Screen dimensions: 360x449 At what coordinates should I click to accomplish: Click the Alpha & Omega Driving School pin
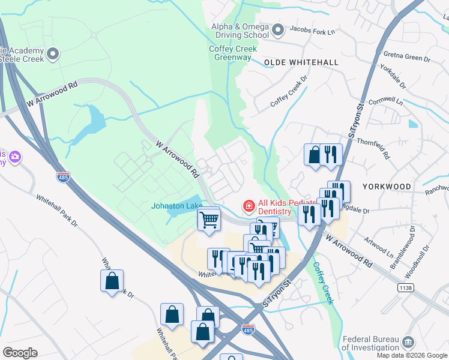(277, 29)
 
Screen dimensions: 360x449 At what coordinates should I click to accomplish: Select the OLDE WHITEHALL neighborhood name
(301, 62)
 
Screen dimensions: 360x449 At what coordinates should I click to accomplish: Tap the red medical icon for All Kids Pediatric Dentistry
(247, 206)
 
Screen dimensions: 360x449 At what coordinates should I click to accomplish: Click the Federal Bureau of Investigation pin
(408, 342)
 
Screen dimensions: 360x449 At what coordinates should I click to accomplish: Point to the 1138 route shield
(406, 289)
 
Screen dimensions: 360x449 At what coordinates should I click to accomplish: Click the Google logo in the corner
(20, 352)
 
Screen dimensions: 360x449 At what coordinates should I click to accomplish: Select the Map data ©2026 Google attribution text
(412, 355)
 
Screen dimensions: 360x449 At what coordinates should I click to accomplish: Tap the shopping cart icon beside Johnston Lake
(209, 220)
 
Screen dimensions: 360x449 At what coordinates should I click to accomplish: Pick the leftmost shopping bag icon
(112, 281)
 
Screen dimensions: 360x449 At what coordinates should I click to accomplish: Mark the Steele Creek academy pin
(53, 55)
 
